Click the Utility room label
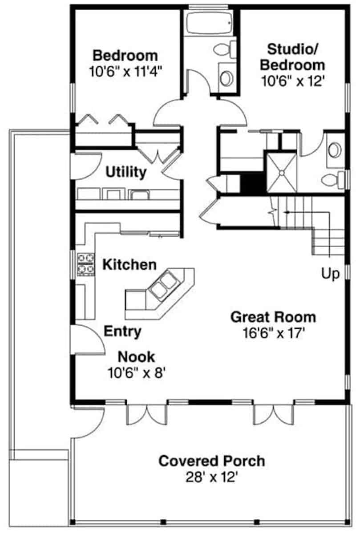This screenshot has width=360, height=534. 126,172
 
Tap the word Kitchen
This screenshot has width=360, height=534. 129,265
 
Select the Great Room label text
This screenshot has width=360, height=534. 273,317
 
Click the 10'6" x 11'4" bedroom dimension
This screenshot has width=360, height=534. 125,71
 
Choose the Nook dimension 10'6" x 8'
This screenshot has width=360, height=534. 137,373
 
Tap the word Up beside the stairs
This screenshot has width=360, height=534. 330,274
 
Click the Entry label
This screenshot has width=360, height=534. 122,332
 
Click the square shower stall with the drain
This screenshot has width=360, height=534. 282,173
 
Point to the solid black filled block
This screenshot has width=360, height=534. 253,183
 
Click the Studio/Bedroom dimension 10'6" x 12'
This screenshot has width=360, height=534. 293,81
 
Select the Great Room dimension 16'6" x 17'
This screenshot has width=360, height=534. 274,333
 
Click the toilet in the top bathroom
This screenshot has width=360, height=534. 224,49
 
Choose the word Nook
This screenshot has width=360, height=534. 136,357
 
